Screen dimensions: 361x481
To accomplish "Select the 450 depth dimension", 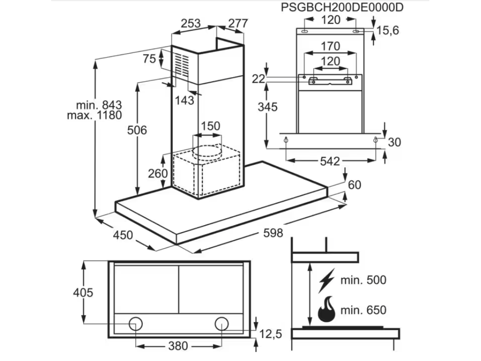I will click(x=123, y=235).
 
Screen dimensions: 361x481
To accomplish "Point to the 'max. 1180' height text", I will click(x=94, y=116).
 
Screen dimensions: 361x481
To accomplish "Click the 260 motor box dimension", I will click(x=158, y=173).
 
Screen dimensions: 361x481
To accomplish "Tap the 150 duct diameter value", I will click(x=210, y=126).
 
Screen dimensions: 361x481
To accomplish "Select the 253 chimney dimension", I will click(x=190, y=23).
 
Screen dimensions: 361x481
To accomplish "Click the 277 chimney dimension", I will click(x=238, y=23).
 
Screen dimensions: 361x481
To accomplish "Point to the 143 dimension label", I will click(x=184, y=100).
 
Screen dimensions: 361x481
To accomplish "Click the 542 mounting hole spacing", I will click(x=329, y=161).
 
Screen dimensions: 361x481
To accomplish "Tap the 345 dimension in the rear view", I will click(x=267, y=107).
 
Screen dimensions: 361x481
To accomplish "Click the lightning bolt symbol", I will click(x=327, y=280).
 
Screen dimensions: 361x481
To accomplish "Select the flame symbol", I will click(x=327, y=309).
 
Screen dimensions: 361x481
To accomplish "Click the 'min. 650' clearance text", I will click(x=364, y=310).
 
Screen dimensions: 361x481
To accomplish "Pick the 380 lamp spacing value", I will click(x=178, y=346).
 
